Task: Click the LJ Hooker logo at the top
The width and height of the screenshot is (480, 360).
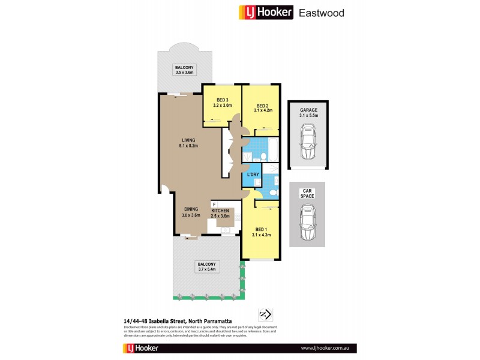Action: (x=266, y=12)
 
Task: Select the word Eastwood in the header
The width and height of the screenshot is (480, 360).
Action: (x=322, y=12)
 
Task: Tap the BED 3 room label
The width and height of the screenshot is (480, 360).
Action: (x=222, y=102)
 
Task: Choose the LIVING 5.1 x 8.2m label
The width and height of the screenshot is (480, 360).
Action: (x=188, y=143)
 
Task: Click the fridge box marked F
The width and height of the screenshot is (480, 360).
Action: (x=214, y=205)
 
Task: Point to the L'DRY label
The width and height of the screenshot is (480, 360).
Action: (x=253, y=175)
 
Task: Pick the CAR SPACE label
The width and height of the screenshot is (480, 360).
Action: (x=307, y=193)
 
